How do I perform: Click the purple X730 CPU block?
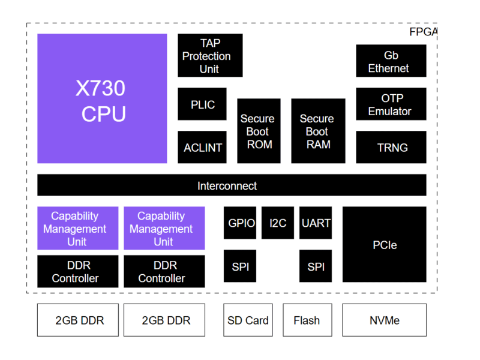coord(102,98)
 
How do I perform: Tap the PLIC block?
coord(202,104)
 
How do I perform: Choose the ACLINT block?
coord(202,148)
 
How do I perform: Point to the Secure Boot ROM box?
coord(259,131)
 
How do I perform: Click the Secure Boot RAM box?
coord(318,131)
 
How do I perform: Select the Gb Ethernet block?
coord(391,61)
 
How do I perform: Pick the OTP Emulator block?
coord(391,104)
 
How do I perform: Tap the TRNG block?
coord(391,148)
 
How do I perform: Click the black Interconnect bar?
coord(232,185)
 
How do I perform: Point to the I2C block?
coord(278,223)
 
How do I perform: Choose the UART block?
coord(316,223)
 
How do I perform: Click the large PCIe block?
coord(385,245)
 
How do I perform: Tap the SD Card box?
coord(248,320)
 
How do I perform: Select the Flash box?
coord(307,320)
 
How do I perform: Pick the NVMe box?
coord(385,320)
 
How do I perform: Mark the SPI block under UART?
coord(316,266)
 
